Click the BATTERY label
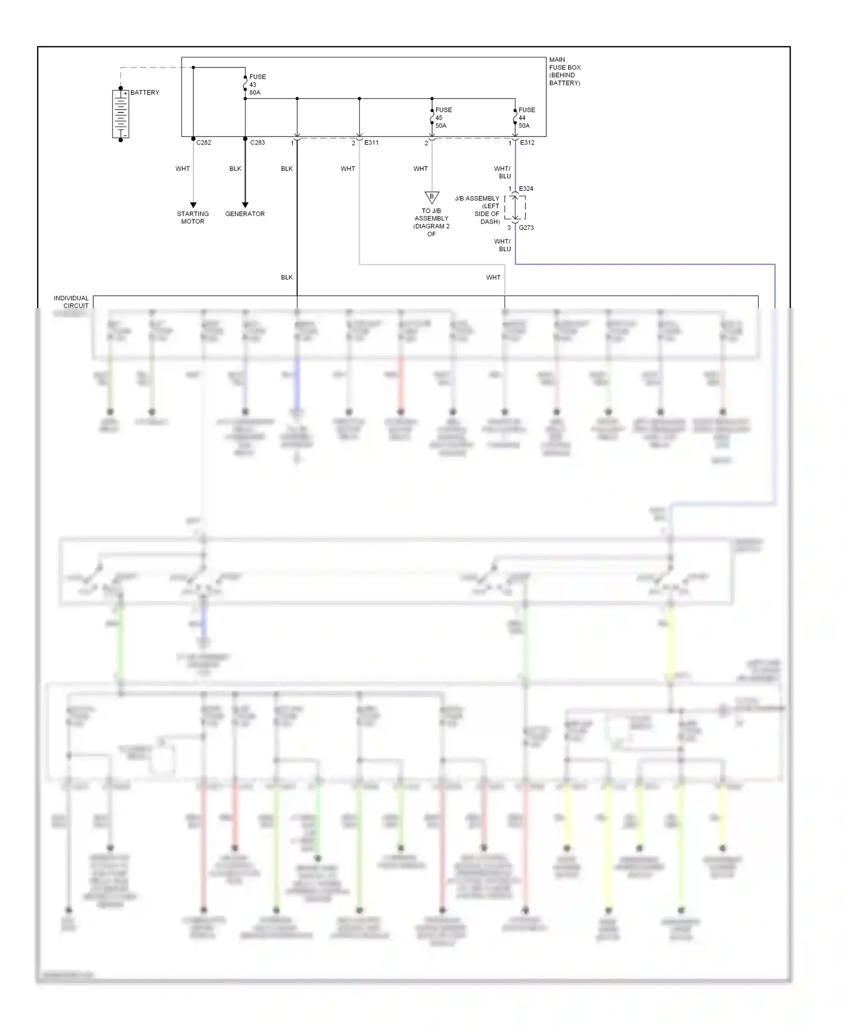(144, 93)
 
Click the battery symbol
(120, 114)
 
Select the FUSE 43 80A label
(257, 85)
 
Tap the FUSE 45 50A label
(443, 118)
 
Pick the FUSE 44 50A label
(527, 118)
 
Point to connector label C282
(203, 143)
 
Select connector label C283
(257, 143)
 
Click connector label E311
(371, 143)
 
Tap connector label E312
(527, 143)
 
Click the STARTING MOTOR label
(193, 218)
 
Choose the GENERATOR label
(245, 214)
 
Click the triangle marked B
(432, 197)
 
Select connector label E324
(526, 189)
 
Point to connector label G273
(526, 228)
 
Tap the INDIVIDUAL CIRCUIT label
(71, 302)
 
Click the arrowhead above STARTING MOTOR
(193, 205)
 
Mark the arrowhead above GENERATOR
(245, 205)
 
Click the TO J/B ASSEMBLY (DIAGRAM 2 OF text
(432, 223)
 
